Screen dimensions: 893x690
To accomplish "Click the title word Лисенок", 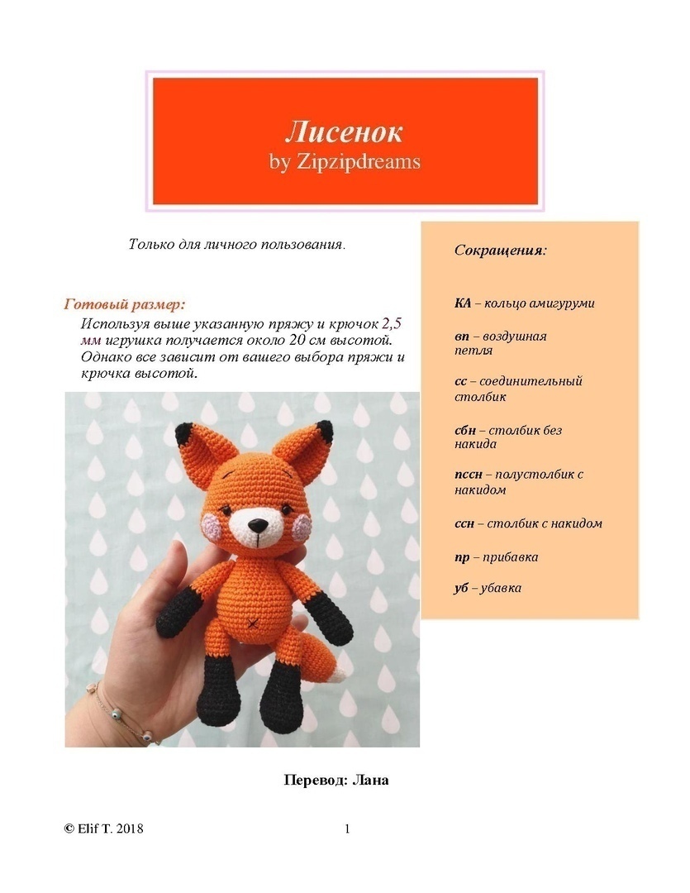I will [344, 131].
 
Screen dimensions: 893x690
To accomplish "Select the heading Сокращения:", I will [500, 250].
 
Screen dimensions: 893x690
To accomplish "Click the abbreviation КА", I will [463, 303].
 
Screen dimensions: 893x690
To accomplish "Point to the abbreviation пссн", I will [467, 475].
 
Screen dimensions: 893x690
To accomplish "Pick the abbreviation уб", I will [461, 588].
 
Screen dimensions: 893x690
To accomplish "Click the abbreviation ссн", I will [464, 523].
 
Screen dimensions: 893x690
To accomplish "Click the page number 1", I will [348, 829].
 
